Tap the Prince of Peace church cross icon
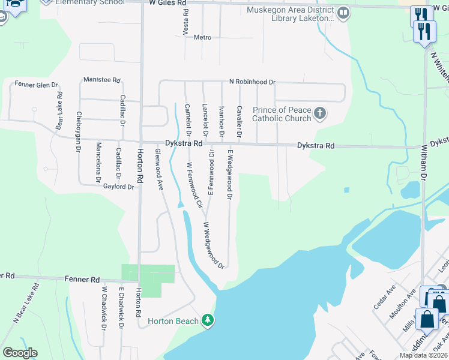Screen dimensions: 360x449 pyautogui.click(x=320, y=113)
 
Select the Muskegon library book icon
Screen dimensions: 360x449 pyautogui.click(x=343, y=13)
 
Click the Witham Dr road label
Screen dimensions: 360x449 pyautogui.click(x=423, y=163)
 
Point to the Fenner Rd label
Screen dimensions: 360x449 pyautogui.click(x=87, y=280)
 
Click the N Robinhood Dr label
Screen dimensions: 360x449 pyautogui.click(x=252, y=82)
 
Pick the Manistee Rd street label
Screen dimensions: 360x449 pyautogui.click(x=102, y=80)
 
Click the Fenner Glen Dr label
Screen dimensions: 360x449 pyautogui.click(x=37, y=85)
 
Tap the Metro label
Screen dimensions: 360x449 pyautogui.click(x=202, y=37)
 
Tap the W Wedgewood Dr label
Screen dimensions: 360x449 pyautogui.click(x=213, y=244)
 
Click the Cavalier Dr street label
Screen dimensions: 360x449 pyautogui.click(x=239, y=121)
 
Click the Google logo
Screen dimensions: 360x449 pyautogui.click(x=20, y=353)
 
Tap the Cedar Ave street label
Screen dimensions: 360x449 pyautogui.click(x=384, y=296)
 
